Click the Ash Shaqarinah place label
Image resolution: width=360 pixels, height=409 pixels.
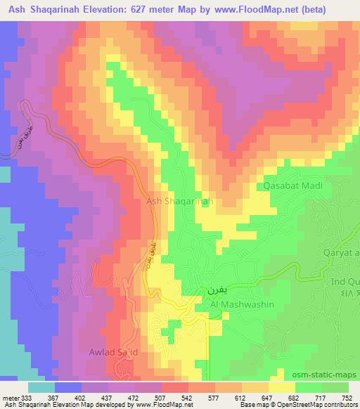pos(179,201)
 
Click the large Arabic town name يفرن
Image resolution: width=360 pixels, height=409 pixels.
pos(217,290)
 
